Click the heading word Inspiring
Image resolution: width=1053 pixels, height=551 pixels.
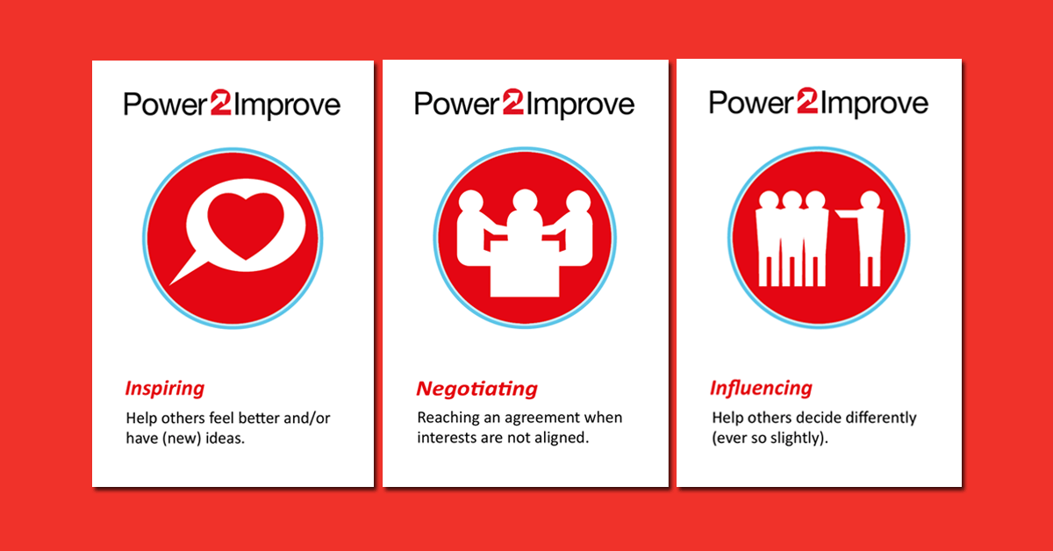click(165, 389)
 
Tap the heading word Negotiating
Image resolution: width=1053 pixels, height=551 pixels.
click(476, 389)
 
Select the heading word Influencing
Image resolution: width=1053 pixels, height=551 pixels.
click(761, 389)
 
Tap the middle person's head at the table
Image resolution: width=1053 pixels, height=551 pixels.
click(525, 201)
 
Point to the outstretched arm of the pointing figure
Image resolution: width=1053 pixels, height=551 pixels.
click(848, 214)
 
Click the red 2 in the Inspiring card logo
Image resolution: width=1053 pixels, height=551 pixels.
click(220, 102)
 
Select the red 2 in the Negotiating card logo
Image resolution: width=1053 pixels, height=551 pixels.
click(512, 102)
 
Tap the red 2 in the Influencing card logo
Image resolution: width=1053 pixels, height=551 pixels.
click(807, 101)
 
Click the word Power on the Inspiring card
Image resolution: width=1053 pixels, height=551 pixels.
click(166, 104)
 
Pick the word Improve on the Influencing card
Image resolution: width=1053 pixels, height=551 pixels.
click(874, 104)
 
